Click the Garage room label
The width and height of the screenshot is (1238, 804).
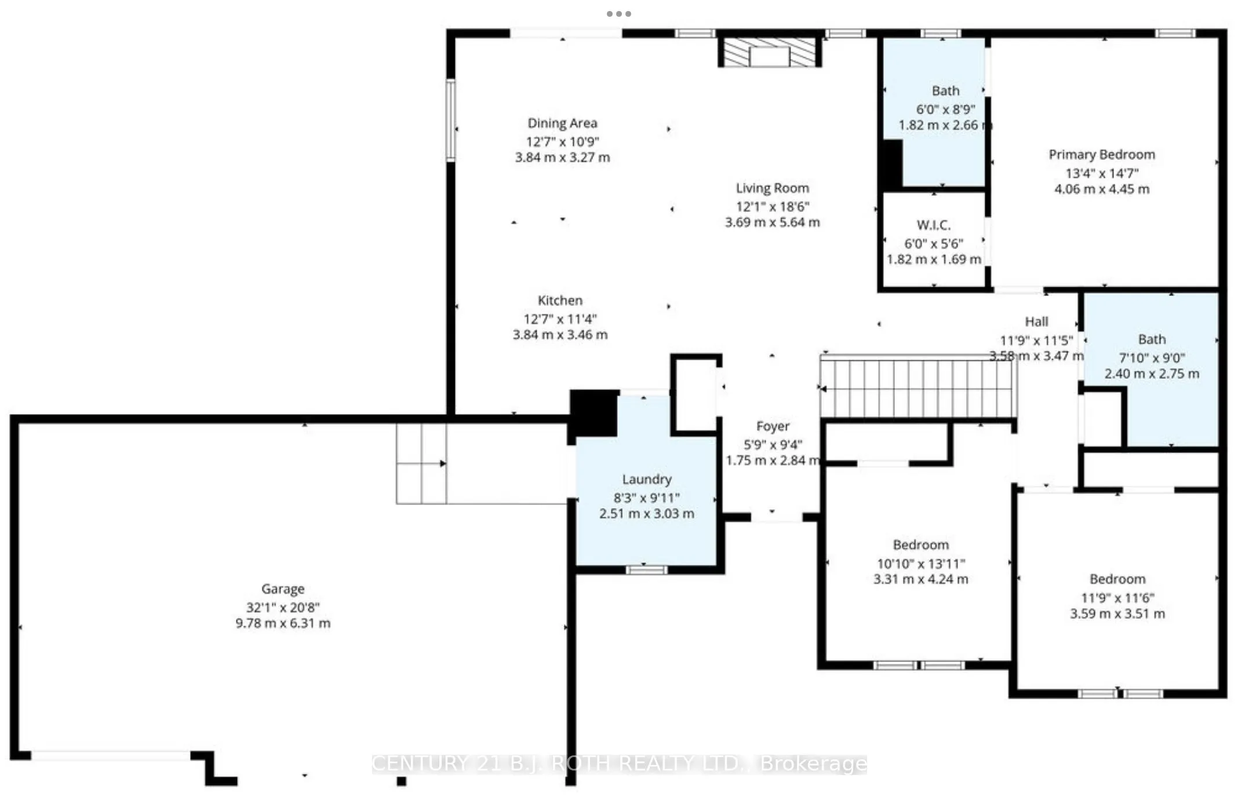click(x=283, y=589)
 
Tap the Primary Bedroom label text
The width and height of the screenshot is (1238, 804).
click(x=1101, y=155)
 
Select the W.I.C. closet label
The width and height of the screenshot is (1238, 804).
click(x=933, y=225)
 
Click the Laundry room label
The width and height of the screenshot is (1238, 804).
click(x=647, y=479)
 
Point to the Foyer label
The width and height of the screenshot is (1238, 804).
click(x=773, y=426)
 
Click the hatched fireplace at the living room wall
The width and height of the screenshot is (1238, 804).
click(x=770, y=53)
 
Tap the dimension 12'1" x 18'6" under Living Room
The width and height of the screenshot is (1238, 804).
click(x=773, y=206)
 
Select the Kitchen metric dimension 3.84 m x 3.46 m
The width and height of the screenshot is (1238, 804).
click(x=560, y=335)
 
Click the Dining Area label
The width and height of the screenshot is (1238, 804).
click(x=562, y=123)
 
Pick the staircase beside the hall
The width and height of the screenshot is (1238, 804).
click(x=918, y=387)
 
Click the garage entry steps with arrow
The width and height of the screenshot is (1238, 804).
click(x=421, y=463)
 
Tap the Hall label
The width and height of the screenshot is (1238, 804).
click(x=1036, y=321)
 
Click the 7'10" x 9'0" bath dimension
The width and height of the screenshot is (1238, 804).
click(x=1152, y=358)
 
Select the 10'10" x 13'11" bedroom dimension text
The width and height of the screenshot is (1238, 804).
click(x=920, y=564)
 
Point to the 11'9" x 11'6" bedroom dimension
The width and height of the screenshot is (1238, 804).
click(x=1117, y=598)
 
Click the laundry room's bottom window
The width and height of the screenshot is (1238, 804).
click(x=647, y=570)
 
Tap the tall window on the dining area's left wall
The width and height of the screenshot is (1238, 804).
click(x=450, y=120)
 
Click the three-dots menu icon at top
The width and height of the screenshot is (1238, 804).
click(x=618, y=13)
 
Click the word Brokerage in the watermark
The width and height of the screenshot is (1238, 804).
click(x=813, y=763)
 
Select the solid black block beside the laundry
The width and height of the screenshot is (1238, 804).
click(x=593, y=412)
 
